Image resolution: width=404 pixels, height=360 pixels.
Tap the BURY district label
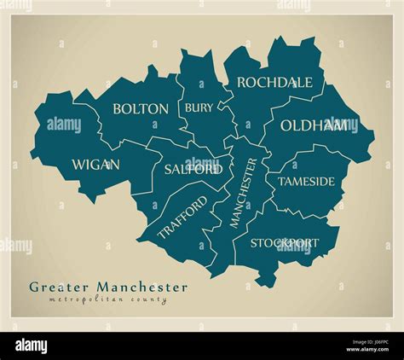198,108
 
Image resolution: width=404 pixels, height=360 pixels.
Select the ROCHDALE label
274,83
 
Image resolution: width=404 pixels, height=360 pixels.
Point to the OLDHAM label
314,125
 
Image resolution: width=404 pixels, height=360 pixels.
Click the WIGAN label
95,165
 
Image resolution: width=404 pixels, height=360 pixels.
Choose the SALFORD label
193,169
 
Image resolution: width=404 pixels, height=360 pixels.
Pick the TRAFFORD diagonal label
182,218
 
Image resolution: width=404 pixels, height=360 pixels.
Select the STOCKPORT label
285,243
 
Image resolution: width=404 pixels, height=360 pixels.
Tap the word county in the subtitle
148,300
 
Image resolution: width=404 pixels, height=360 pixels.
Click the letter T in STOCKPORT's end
315,243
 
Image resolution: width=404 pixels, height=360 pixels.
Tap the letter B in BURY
188,108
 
